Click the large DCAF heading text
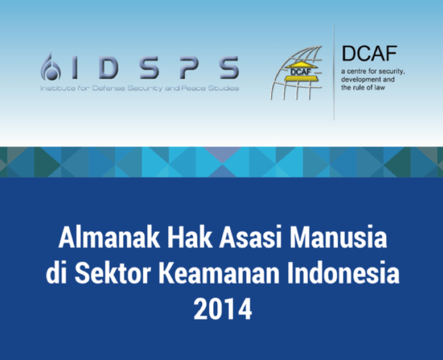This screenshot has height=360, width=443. (369, 54)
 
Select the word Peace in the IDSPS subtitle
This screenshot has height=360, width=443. (195, 89)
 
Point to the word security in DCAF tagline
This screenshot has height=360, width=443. (390, 71)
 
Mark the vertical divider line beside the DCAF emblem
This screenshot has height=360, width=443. (334, 72)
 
